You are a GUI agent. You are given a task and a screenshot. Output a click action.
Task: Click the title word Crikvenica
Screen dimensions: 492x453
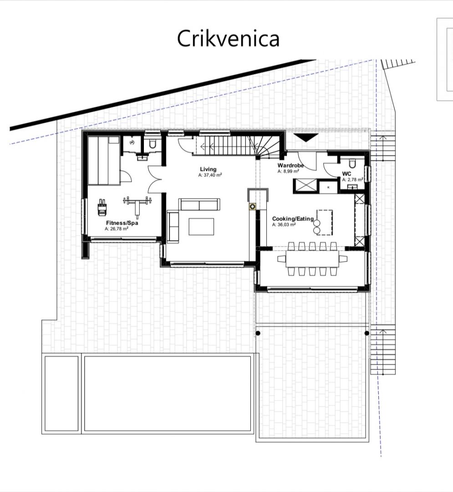228,39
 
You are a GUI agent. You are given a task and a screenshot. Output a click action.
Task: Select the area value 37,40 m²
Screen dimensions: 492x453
209,175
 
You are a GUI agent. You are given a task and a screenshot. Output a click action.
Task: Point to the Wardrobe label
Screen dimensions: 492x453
290,166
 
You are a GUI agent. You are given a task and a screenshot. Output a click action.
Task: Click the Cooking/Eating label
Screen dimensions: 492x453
292,219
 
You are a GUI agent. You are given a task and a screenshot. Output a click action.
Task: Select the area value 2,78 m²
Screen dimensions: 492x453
352,179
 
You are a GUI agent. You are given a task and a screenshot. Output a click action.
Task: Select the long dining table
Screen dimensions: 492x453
312,258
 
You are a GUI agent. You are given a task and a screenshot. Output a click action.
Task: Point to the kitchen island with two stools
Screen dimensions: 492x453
325,222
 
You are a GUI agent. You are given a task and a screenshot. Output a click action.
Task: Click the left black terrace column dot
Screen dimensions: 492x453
258,333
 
